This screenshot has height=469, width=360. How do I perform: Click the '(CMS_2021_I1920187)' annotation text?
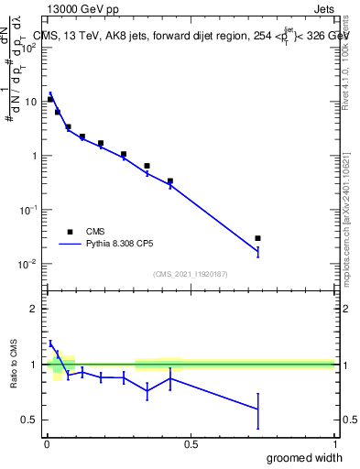click(x=190, y=273)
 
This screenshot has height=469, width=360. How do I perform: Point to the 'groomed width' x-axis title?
click(x=307, y=457)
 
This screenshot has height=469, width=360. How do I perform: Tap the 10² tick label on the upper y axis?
click(x=29, y=48)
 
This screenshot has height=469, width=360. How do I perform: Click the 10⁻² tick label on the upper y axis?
click(x=29, y=264)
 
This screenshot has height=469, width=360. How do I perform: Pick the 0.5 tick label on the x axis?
click(x=191, y=443)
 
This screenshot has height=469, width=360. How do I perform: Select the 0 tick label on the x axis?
click(x=46, y=443)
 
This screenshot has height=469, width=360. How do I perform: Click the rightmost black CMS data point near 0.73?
click(x=257, y=238)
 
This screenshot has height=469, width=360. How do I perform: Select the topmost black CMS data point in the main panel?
click(x=50, y=99)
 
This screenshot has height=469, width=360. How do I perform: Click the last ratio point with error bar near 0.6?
click(x=257, y=409)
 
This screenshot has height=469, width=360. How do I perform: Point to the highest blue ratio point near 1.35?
click(x=50, y=344)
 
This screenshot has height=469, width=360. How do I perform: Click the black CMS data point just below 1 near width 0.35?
click(x=147, y=166)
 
